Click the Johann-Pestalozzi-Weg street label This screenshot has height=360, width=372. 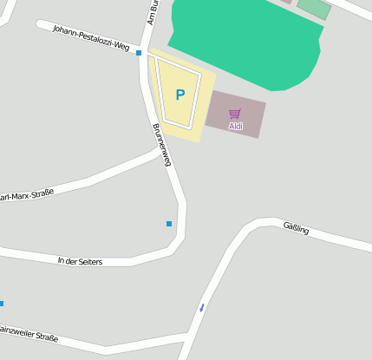pos(91,37)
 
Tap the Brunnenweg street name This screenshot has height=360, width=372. pos(162,145)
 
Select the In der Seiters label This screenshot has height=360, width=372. pos(80,261)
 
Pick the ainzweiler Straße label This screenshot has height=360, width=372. pos(29,332)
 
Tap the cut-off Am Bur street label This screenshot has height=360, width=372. pos(151,12)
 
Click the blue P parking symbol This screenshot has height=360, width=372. pos(180,95)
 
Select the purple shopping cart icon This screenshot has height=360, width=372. pos(235,114)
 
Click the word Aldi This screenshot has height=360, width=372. pos(236,127)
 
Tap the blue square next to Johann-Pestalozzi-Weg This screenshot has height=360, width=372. pos(139,53)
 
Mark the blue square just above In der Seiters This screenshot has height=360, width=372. pos(169,224)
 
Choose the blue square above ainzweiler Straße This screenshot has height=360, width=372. pos(2,304)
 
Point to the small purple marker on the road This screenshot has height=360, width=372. pos(202,307)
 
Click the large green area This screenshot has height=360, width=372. pos(243,39)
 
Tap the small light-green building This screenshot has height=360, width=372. pos(314,8)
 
